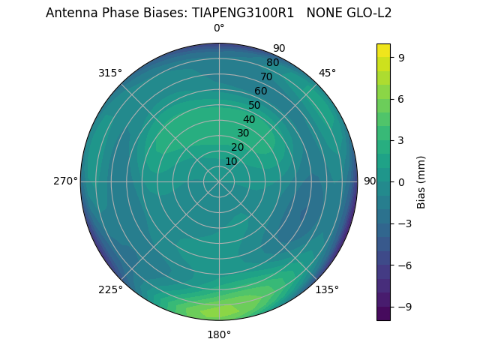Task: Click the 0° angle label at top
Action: (x=219, y=28)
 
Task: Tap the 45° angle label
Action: (x=327, y=73)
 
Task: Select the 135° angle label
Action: (x=327, y=289)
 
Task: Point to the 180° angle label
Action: (x=219, y=334)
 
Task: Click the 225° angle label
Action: (x=110, y=289)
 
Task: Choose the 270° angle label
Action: (x=65, y=181)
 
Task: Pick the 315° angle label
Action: (x=110, y=73)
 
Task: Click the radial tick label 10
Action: (x=231, y=161)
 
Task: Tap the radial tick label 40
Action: (x=249, y=119)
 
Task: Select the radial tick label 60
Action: (x=261, y=91)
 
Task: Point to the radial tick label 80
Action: (x=273, y=62)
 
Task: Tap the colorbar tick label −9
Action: (x=403, y=307)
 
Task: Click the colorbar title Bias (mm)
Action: (x=421, y=181)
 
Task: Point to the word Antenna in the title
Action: (x=70, y=13)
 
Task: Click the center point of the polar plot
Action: (x=219, y=181)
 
